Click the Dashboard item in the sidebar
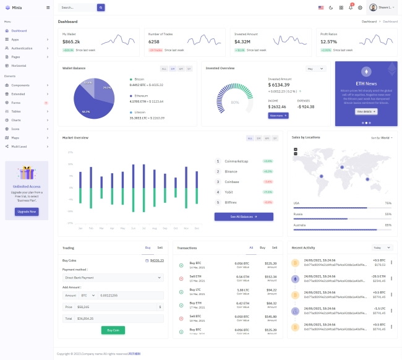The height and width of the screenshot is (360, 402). [x=19, y=30]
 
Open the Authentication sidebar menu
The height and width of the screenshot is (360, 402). [x=22, y=48]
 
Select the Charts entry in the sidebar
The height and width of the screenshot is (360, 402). [x=16, y=119]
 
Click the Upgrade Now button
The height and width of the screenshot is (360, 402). [x=27, y=212]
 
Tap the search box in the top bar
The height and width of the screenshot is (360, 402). [x=77, y=7]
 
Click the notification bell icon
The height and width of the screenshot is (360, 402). [x=351, y=7]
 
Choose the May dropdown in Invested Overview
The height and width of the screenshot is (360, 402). [x=315, y=69]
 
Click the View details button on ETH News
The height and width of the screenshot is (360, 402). [x=366, y=111]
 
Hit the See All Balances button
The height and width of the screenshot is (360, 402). [x=244, y=217]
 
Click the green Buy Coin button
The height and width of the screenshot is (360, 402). [x=113, y=330]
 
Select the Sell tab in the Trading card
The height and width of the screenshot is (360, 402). [x=160, y=247]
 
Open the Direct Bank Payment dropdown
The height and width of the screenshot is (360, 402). [x=113, y=278]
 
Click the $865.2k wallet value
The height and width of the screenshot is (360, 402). [x=71, y=41]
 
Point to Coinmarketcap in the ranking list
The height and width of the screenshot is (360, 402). [x=236, y=161]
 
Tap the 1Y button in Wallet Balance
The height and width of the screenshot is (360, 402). [x=189, y=69]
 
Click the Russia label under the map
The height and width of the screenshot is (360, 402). [x=298, y=214]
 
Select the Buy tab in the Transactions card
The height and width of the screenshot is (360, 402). [x=262, y=247]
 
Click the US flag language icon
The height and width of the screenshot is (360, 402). [x=321, y=7]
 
